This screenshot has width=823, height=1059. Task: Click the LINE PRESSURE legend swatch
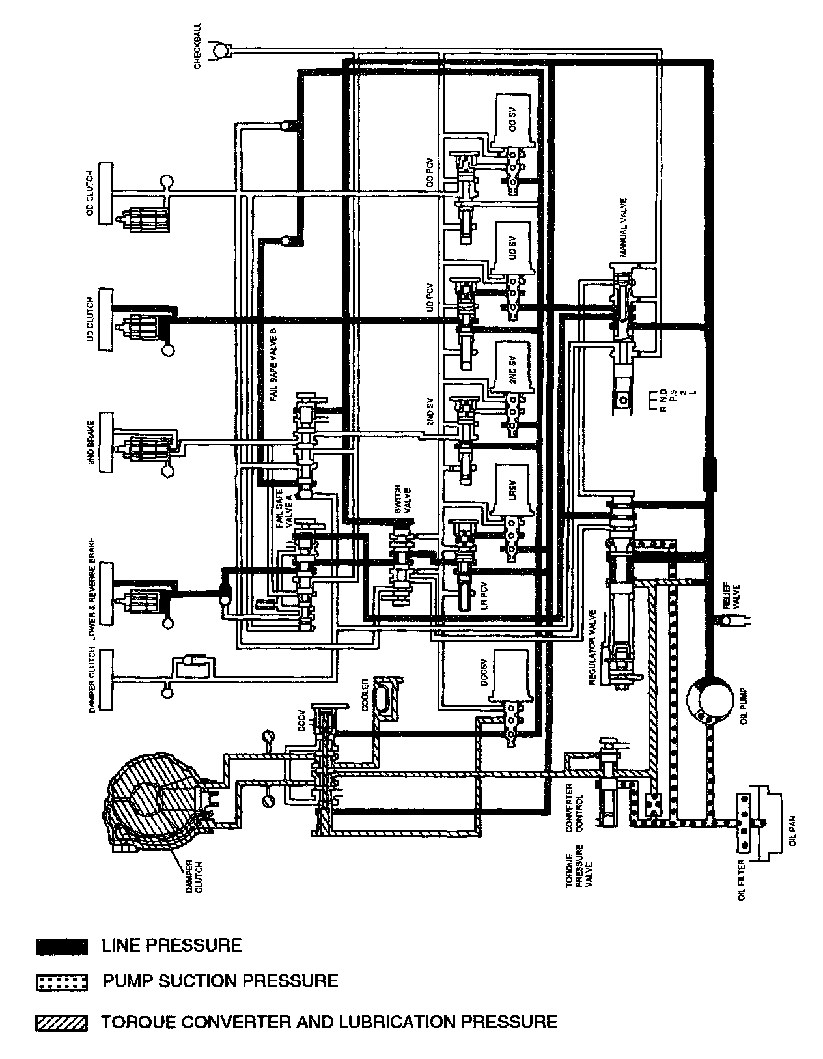pyautogui.click(x=61, y=946)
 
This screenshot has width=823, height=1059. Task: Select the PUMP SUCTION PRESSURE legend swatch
pyautogui.click(x=61, y=982)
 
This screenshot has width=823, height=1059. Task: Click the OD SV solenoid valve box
pyautogui.click(x=514, y=120)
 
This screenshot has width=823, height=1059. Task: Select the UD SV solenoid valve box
pyautogui.click(x=514, y=248)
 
